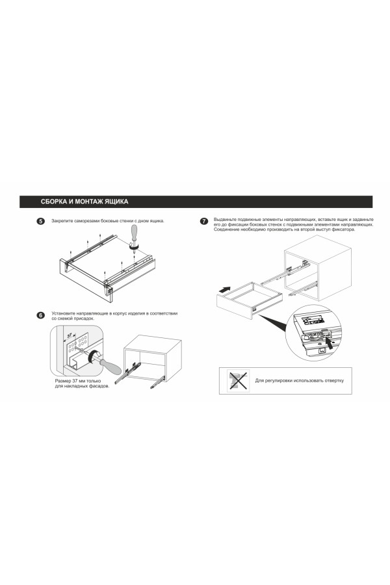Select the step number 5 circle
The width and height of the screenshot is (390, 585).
coord(40,221)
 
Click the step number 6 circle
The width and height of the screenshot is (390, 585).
coord(40,315)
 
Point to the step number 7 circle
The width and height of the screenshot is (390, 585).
coord(203,221)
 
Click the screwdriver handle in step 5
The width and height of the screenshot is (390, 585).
coord(134,233)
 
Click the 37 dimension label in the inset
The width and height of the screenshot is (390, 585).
coord(70,336)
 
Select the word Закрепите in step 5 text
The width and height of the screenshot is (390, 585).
coord(62,221)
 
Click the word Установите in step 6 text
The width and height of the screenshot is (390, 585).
coord(62,313)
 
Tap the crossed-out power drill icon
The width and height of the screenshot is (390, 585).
coord(238,380)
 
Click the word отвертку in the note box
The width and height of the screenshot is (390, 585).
coord(334,381)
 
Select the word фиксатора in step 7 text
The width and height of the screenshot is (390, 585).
coord(343,229)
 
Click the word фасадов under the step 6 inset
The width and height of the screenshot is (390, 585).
coord(98,387)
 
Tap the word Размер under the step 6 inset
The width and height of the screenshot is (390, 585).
coord(62,382)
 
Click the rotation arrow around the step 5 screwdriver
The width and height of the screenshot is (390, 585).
coord(134,246)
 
